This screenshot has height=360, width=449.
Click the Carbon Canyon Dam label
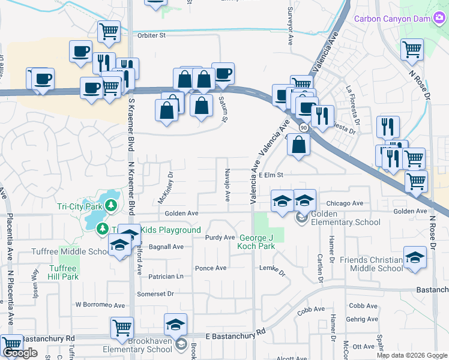point(393,19)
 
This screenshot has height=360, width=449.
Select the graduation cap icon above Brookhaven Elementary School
point(175,324)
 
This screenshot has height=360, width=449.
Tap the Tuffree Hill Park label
point(62,272)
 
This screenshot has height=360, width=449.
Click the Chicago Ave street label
point(345,203)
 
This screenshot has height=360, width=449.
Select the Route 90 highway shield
point(304,128)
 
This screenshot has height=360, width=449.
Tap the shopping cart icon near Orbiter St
point(108,31)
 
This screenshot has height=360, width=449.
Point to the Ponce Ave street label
point(211,268)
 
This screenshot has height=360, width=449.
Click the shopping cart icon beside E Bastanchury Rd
point(122,328)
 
